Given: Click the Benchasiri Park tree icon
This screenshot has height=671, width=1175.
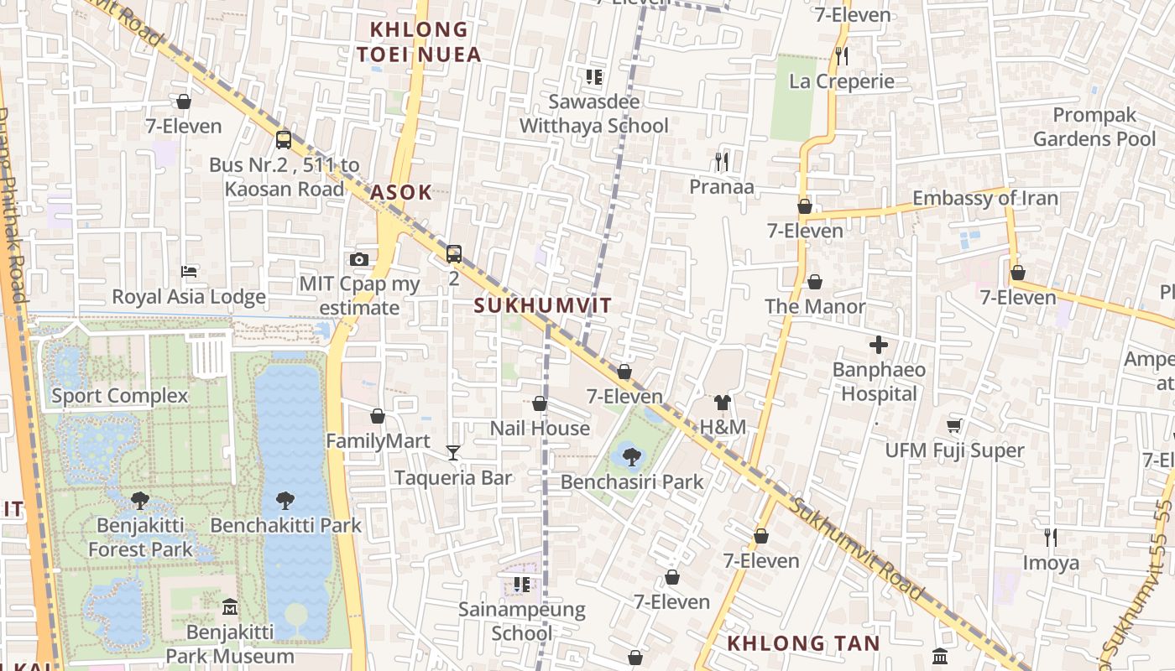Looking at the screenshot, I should pos(632,456).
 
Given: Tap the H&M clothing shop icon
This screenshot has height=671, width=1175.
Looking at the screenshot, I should pos(723,403).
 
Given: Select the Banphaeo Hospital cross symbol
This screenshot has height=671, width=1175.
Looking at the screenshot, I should pos(879,345).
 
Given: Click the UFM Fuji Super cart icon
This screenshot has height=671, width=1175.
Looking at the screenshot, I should pos(954,425).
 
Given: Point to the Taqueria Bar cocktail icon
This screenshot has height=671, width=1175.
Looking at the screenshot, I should pos(453,453).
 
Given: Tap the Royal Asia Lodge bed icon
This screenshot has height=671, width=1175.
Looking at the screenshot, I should pos(189,272).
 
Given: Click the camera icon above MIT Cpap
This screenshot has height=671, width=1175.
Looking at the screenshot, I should pos(359,259).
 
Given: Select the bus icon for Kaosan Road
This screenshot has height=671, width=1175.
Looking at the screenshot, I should pos(284,139).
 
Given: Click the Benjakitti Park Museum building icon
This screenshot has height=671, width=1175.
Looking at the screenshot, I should pos(229,606).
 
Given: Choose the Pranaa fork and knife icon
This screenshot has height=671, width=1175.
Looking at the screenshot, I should pos(721,161).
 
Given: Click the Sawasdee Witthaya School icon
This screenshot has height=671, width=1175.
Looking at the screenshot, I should pos(594,77).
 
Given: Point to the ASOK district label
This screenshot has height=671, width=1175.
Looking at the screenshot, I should pos(401,192).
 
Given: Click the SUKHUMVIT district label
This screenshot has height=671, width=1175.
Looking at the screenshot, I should pos(543,305).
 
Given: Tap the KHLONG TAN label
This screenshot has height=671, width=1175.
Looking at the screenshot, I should pos(803,643).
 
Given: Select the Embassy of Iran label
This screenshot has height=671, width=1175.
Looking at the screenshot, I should pos(984,199).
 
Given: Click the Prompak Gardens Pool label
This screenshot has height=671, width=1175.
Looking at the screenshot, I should pos(1094,127).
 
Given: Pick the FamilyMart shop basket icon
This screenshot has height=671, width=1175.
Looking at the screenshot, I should pos(378,416).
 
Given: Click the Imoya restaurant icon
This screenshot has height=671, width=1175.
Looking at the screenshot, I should pos(1050,537).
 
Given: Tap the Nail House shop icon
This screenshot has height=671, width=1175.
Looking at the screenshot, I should pos(540,403).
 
